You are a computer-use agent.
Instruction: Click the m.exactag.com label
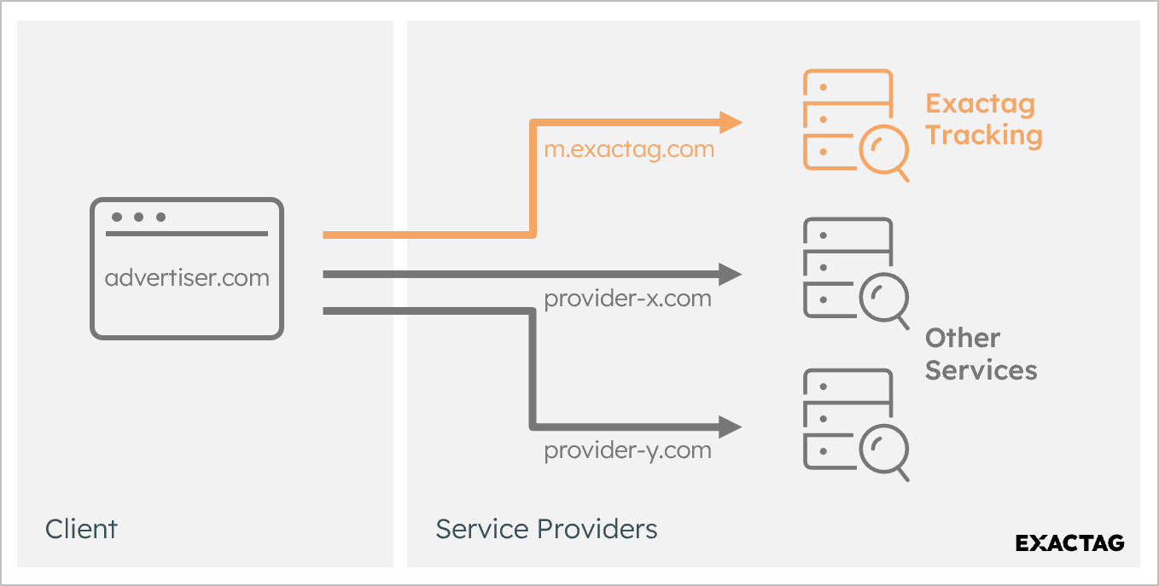click(x=629, y=149)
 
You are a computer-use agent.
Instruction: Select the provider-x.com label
click(x=627, y=299)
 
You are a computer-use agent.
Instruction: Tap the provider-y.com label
click(x=627, y=450)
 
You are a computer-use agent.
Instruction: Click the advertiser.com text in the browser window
click(x=187, y=277)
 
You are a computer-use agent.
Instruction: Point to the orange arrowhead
click(x=730, y=123)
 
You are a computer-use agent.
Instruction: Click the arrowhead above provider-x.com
click(x=730, y=274)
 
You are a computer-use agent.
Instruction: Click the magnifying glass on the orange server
click(x=882, y=153)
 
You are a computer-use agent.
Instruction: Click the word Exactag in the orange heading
click(x=980, y=104)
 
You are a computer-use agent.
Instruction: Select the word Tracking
click(x=983, y=136)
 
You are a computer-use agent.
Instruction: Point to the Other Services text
click(x=980, y=354)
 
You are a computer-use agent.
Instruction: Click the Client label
click(x=81, y=529)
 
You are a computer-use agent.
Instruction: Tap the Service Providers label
click(x=546, y=529)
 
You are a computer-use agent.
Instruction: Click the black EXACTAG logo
click(x=1069, y=543)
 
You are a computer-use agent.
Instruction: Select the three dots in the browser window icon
click(x=137, y=217)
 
